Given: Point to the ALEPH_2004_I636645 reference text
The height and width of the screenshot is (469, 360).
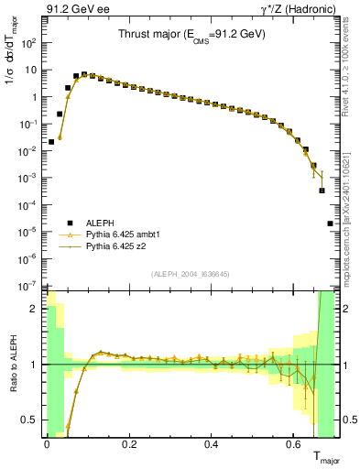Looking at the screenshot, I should (x=191, y=274).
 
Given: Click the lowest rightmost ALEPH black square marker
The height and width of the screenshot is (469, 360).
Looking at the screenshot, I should (x=330, y=224).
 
